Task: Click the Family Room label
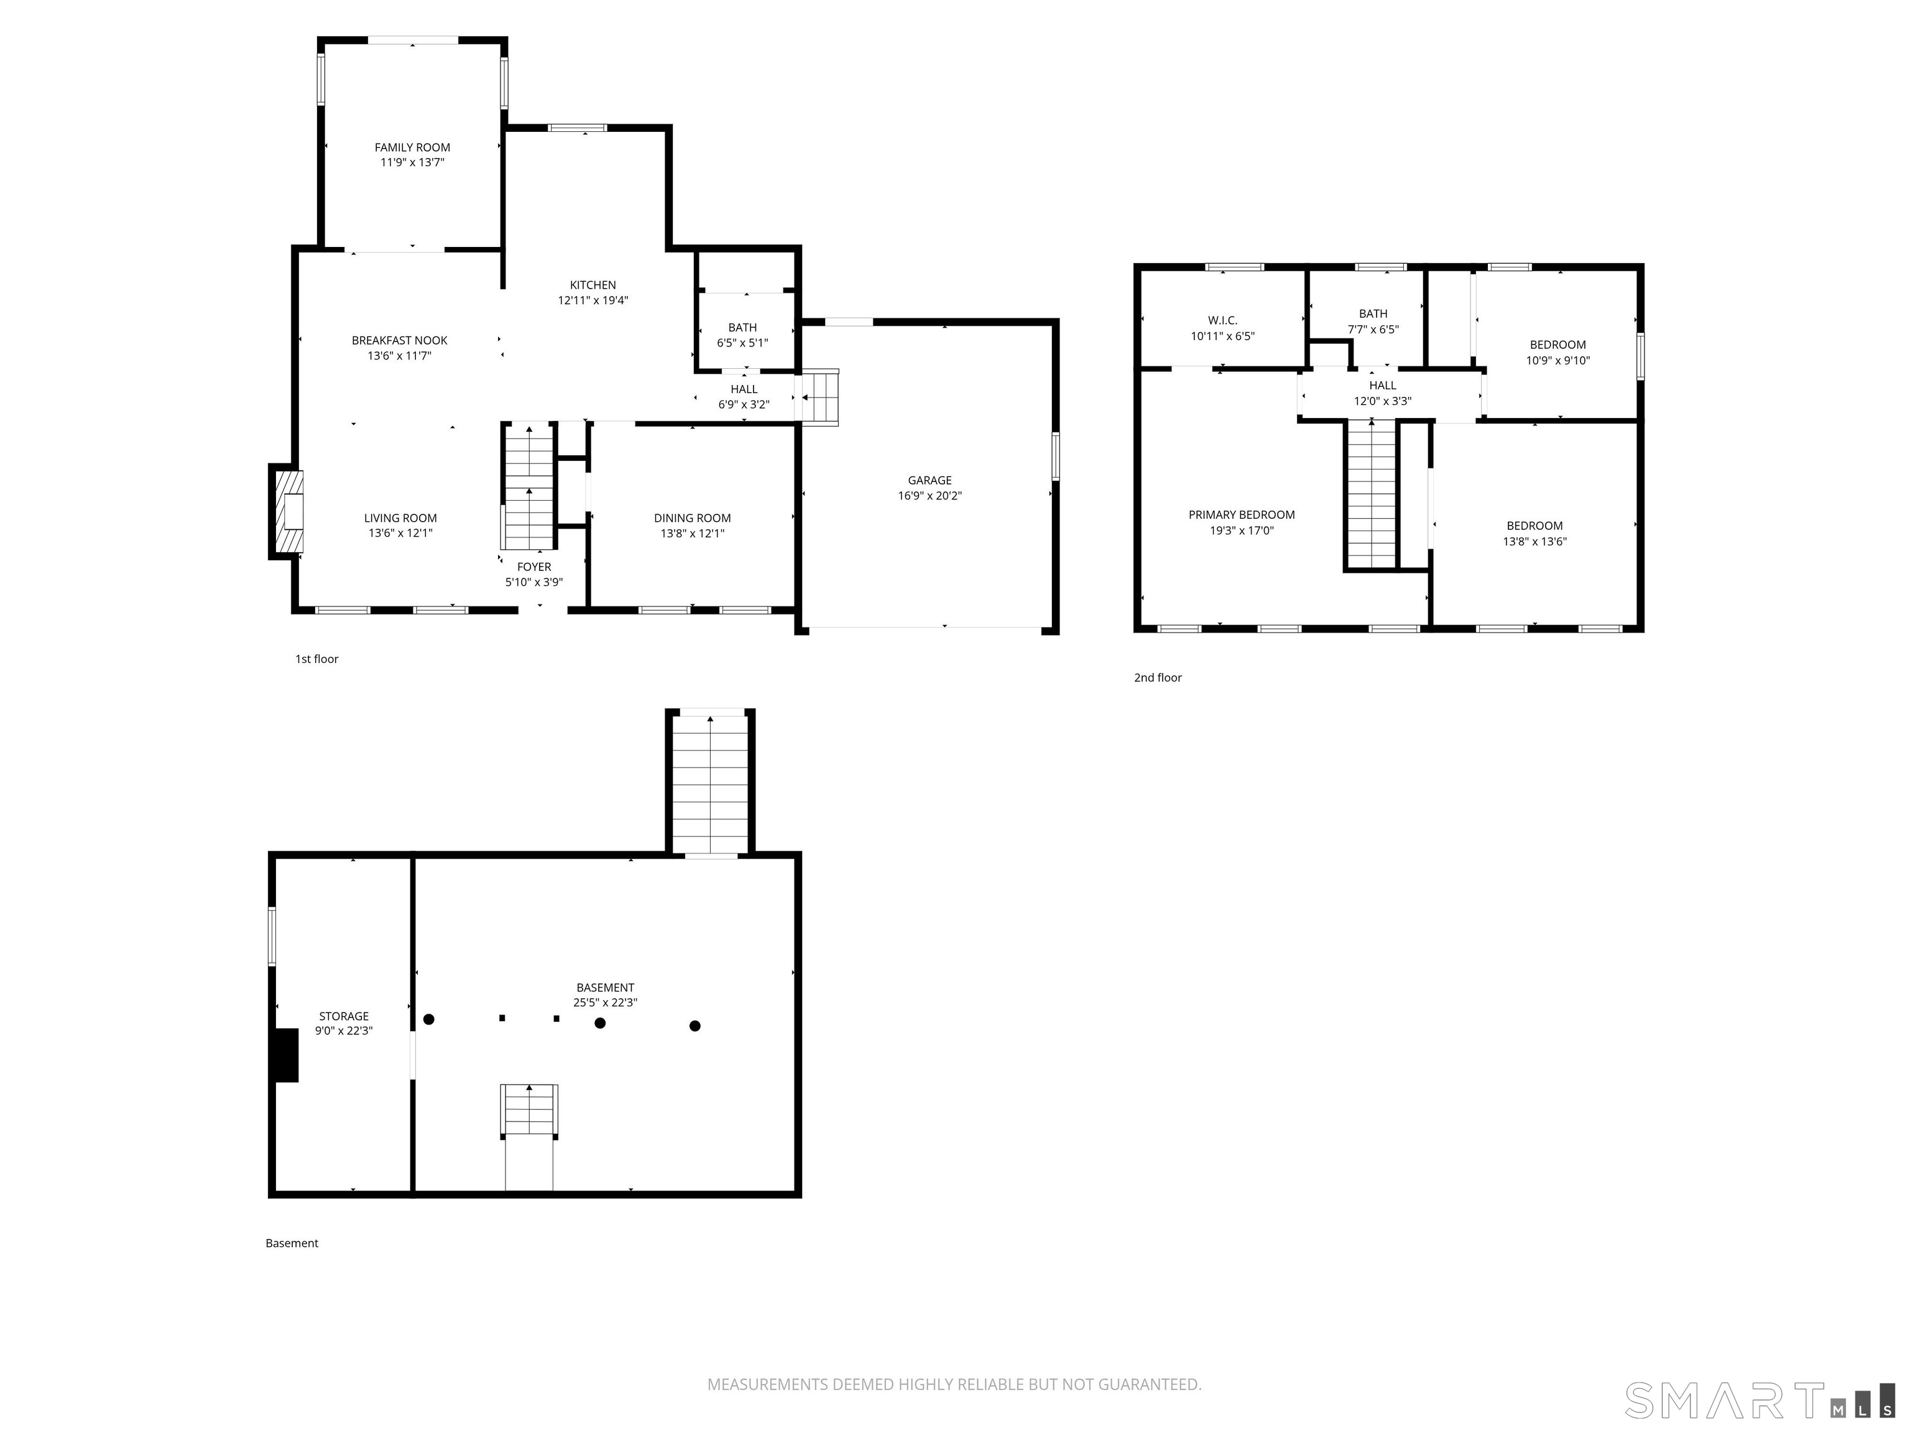click(412, 147)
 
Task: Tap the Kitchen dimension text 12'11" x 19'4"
click(593, 300)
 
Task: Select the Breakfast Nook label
click(399, 340)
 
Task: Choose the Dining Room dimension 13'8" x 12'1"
click(693, 534)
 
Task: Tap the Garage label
click(930, 480)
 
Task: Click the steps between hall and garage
click(820, 397)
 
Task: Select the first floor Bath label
click(742, 327)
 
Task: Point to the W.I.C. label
click(1223, 320)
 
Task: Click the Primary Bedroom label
click(1242, 515)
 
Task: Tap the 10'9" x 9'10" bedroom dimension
click(1557, 361)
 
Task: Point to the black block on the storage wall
click(286, 1055)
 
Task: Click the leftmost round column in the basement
click(428, 1019)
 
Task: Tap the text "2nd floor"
click(1158, 677)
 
